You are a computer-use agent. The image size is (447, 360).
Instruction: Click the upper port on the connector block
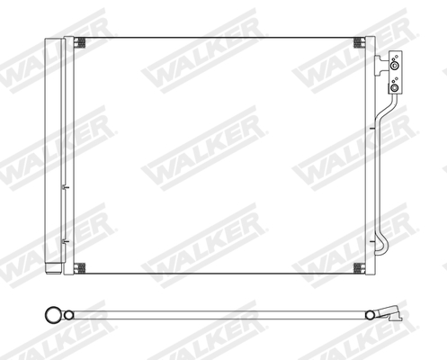coord(394,65)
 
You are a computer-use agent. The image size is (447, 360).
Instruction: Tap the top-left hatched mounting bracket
coord(80,43)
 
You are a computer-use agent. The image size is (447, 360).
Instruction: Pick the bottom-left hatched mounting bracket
coord(80,267)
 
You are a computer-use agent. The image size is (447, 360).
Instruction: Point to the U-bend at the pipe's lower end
coord(381,243)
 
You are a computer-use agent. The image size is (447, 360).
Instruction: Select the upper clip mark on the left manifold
coord(64,188)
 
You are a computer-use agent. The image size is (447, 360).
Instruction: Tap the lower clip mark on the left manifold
coord(64,241)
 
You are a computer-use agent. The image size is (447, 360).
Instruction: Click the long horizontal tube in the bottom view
coord(216,314)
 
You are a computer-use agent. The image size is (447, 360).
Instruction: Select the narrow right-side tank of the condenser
coord(370,153)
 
